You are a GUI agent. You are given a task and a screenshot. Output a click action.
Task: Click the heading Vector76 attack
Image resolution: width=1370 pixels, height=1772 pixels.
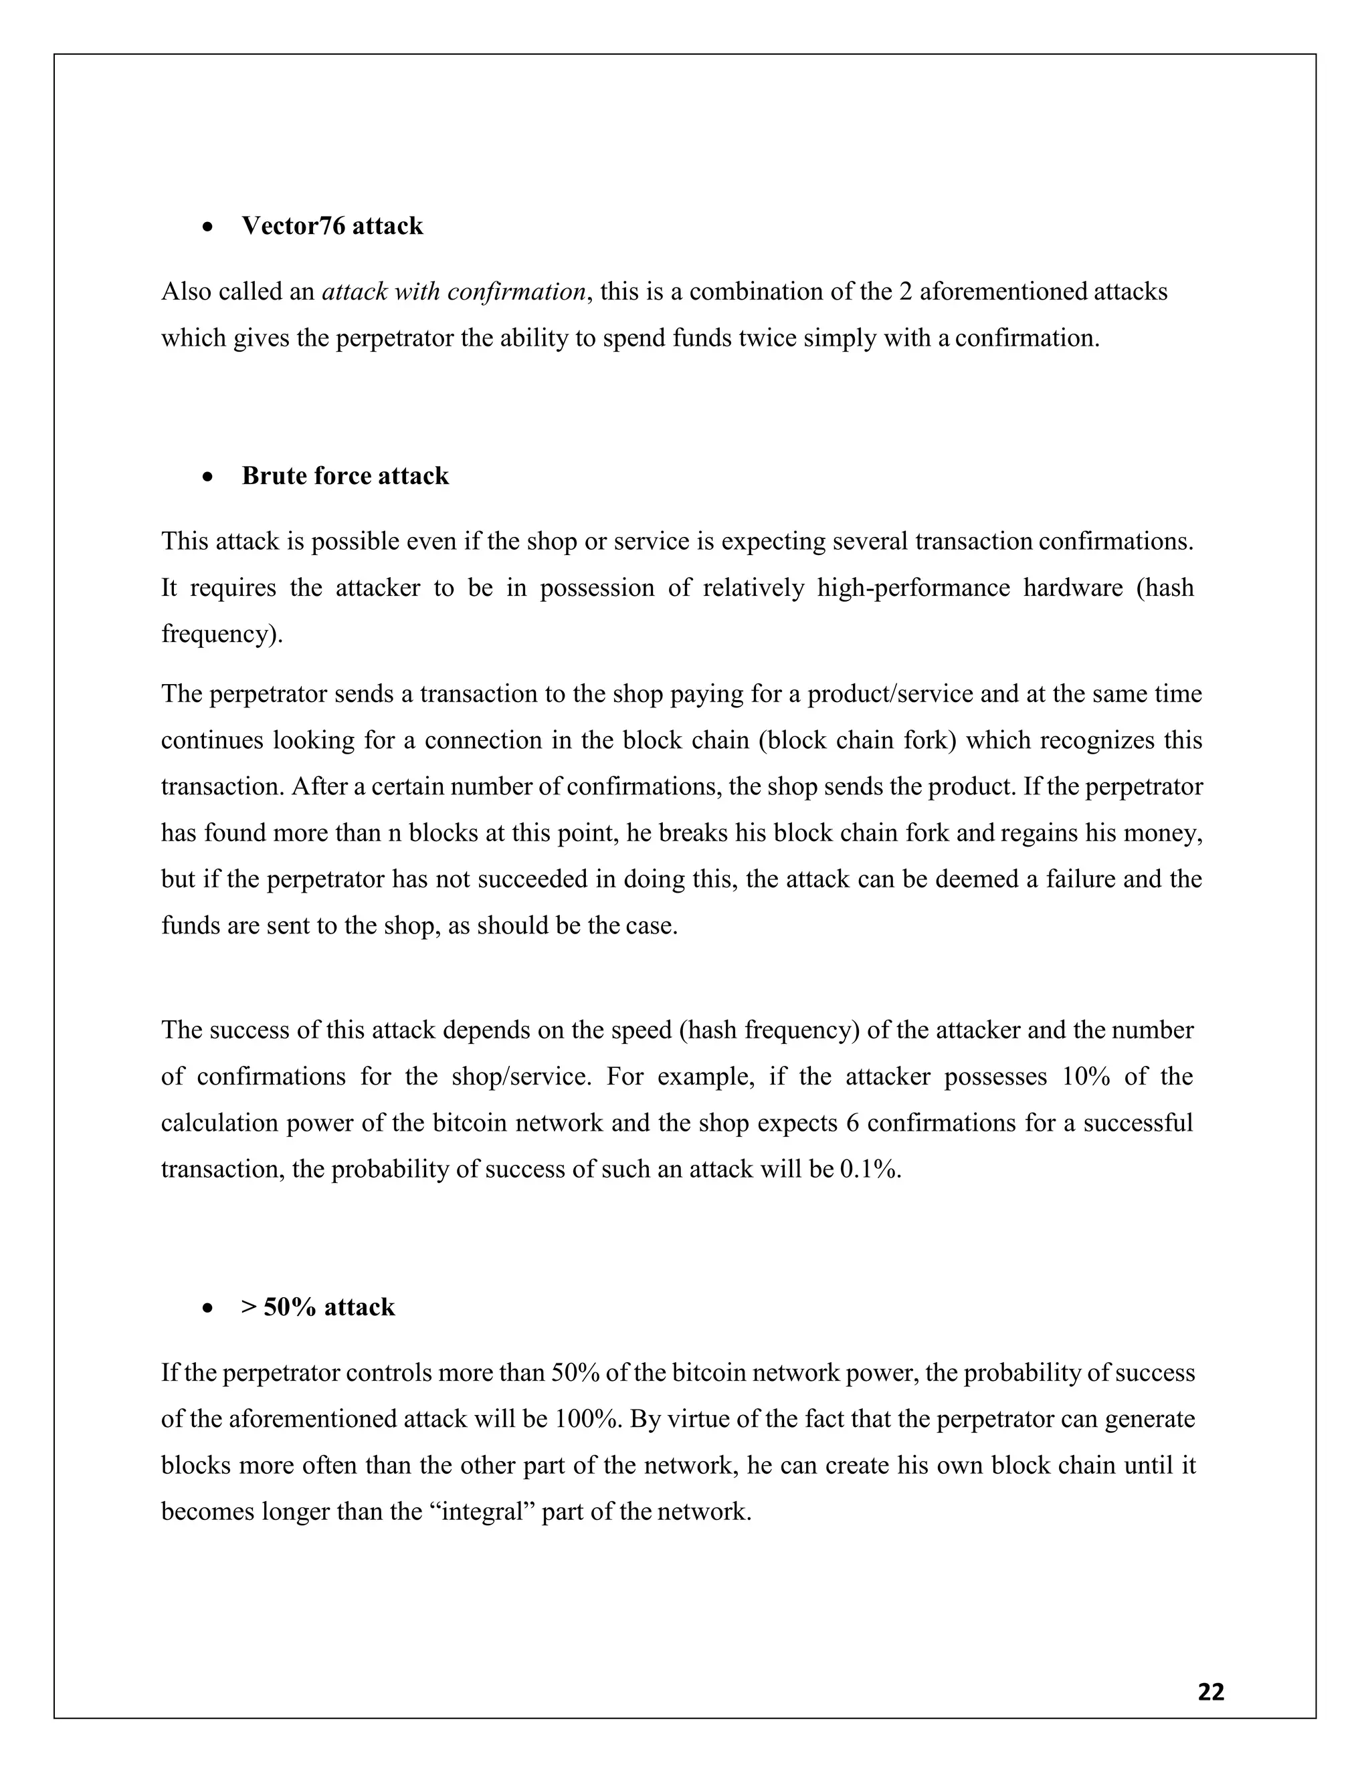[x=332, y=225]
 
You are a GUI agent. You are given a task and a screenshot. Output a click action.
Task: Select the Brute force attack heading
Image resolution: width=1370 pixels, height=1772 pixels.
[x=345, y=475]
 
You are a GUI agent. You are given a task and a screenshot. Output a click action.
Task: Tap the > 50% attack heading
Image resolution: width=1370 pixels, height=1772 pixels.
[x=318, y=1307]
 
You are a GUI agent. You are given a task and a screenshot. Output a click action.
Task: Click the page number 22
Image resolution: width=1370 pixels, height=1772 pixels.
[x=1211, y=1692]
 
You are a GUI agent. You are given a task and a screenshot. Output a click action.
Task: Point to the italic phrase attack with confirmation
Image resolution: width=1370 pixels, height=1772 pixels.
[x=454, y=292]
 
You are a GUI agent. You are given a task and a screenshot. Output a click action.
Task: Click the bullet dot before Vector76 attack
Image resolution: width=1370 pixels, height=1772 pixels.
[x=209, y=227]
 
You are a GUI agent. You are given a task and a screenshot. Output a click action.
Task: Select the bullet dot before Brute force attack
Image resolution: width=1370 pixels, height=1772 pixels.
[x=209, y=477]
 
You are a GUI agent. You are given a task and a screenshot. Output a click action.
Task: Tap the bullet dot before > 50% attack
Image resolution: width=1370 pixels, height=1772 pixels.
[x=209, y=1309]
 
